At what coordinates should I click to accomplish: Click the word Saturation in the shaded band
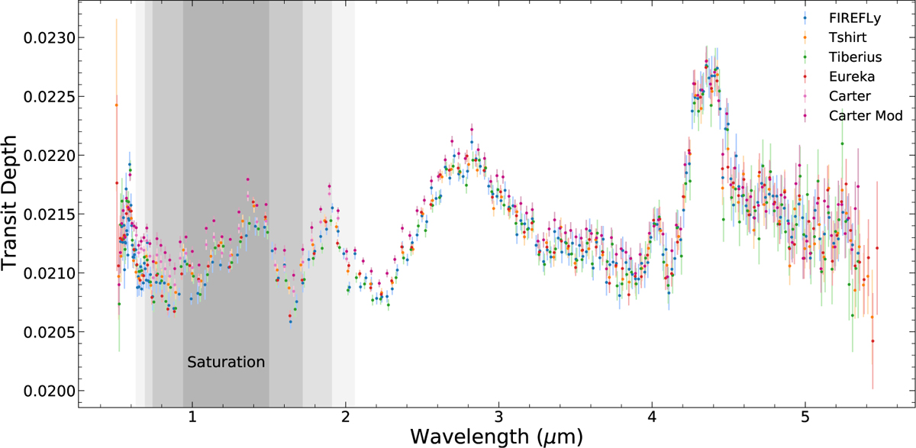(226, 362)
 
